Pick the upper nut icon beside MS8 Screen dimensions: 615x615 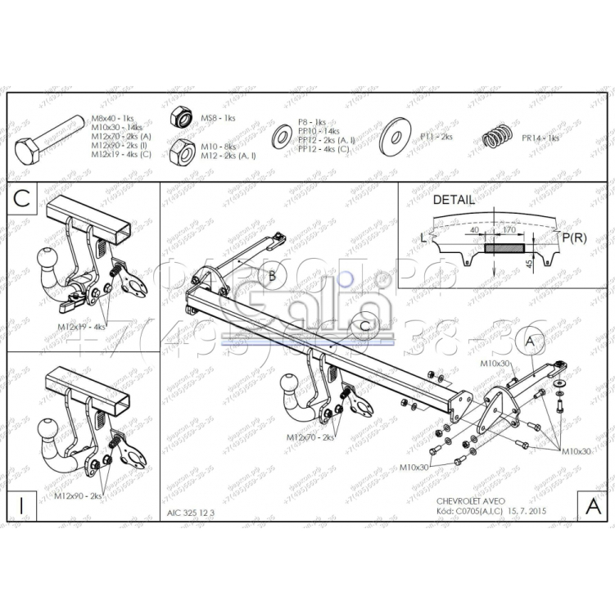coord(181,119)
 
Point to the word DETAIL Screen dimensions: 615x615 coord(453,199)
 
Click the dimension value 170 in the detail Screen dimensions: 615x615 coord(509,230)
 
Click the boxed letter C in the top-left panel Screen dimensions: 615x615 coord(22,197)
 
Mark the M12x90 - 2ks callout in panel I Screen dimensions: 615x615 coord(79,495)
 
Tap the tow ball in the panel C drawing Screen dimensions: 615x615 coord(46,260)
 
